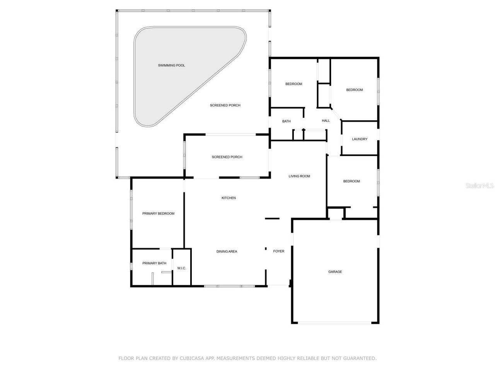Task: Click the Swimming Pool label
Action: coord(171,65)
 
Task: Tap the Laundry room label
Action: coord(360,139)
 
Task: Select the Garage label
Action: coord(335,272)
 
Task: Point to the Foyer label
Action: coord(278,251)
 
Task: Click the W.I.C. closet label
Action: coord(182,268)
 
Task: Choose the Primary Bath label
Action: coord(154,263)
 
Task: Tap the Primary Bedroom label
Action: coord(158,213)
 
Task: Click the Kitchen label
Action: coord(229,198)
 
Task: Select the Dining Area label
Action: coord(227,252)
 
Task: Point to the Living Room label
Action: coord(299,176)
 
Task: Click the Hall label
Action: coord(326,121)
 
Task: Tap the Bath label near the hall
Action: coord(286,121)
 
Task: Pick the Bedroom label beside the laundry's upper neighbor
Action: coord(354,90)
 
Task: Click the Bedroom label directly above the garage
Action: coord(352,181)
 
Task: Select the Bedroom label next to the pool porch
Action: coord(294,84)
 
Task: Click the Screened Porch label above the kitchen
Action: coord(227,157)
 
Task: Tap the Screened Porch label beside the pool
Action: coord(225,105)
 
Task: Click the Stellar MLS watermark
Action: coord(480,185)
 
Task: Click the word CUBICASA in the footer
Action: coord(192,358)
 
